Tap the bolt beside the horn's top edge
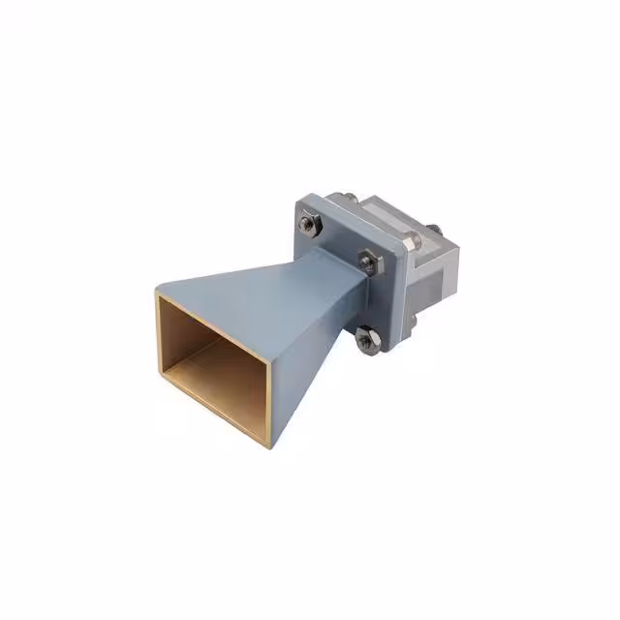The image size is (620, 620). [367, 259]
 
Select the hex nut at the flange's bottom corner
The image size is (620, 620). [366, 338]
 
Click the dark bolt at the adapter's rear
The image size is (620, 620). [433, 230]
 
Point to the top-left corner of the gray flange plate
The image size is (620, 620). [299, 200]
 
